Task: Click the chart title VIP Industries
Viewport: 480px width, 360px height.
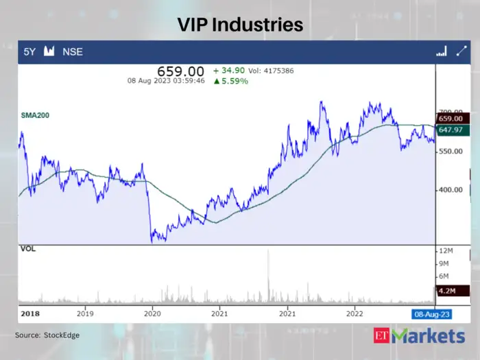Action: pyautogui.click(x=240, y=25)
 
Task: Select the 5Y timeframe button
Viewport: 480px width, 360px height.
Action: pyautogui.click(x=30, y=51)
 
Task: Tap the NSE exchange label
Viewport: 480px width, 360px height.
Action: pyautogui.click(x=73, y=51)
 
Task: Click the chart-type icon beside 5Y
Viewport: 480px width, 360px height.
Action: pyautogui.click(x=49, y=51)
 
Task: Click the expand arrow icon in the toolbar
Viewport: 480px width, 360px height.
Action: pyautogui.click(x=461, y=51)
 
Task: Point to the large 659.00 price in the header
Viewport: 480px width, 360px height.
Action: pyautogui.click(x=181, y=71)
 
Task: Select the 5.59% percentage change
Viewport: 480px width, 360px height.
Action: pyautogui.click(x=231, y=81)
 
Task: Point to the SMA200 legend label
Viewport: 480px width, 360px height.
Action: pyautogui.click(x=36, y=117)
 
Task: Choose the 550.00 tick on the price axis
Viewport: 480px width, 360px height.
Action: pyautogui.click(x=451, y=151)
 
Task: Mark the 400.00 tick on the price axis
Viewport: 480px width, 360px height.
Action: pyautogui.click(x=451, y=190)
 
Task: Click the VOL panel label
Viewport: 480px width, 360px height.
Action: pyautogui.click(x=28, y=249)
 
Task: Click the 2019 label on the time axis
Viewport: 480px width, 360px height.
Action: pyautogui.click(x=85, y=313)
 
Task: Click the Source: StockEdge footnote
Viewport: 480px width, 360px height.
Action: pyautogui.click(x=47, y=335)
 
